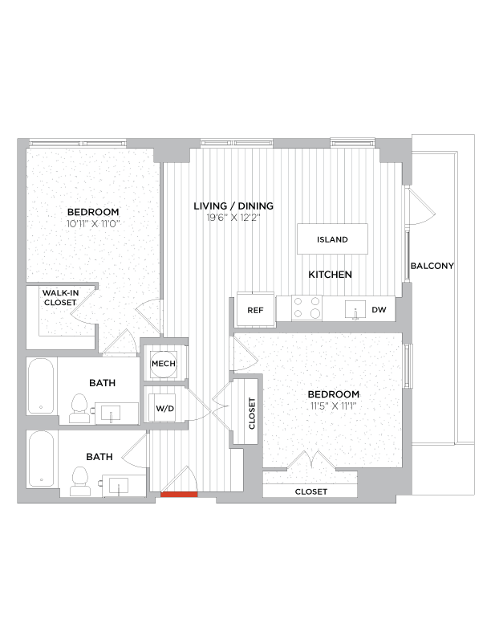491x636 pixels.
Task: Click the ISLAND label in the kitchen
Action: [x=332, y=239]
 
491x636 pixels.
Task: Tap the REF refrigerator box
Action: [x=255, y=310]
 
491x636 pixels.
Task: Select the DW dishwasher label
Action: [x=379, y=309]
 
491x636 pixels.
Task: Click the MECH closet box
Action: [x=164, y=363]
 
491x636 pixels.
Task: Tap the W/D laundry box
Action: [x=164, y=408]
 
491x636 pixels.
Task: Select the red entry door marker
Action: [x=179, y=494]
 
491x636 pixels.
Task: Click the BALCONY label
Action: [x=432, y=266]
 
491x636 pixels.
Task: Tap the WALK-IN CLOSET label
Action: [x=60, y=298]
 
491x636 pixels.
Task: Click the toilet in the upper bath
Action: [x=79, y=408]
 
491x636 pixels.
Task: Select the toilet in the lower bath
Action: [x=79, y=479]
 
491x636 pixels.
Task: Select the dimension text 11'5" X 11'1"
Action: [x=333, y=406]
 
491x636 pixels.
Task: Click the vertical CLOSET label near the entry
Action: [x=252, y=414]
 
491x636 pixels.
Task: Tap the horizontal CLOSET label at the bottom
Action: [x=310, y=491]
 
